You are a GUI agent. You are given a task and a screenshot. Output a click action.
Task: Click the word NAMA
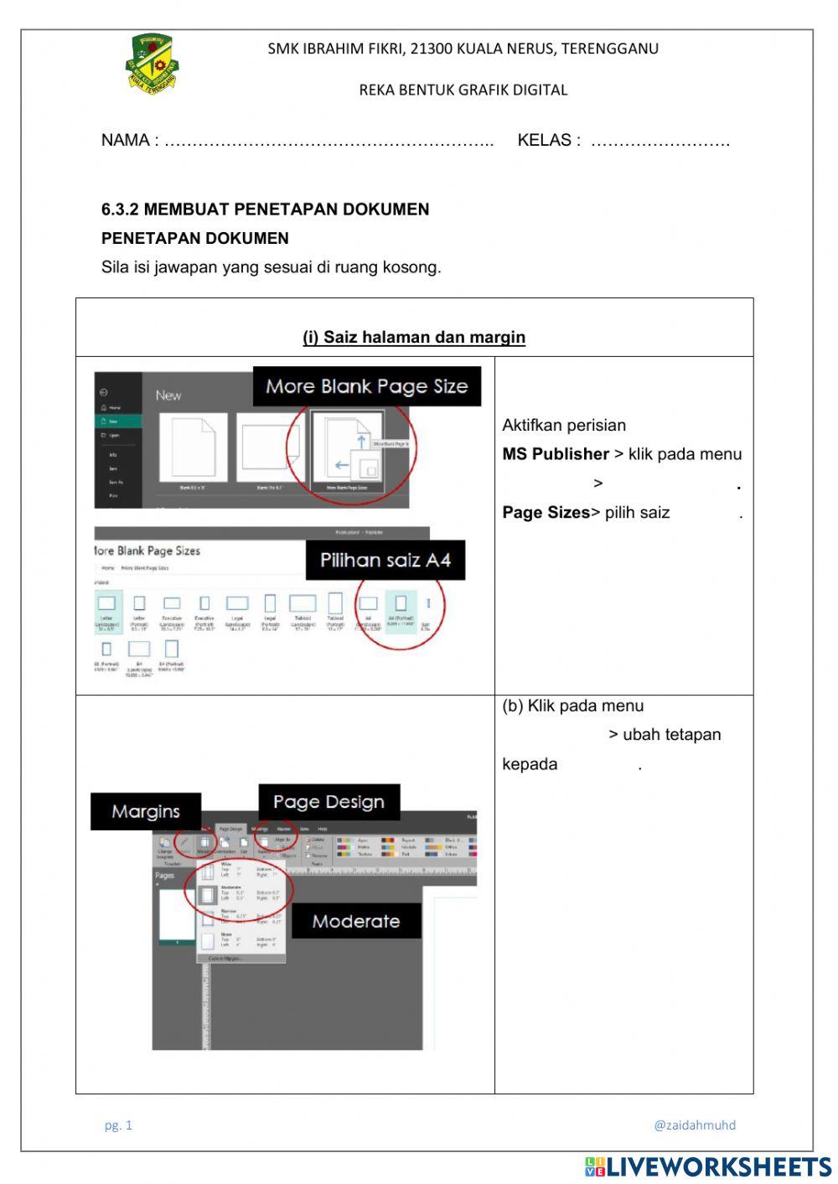click(125, 141)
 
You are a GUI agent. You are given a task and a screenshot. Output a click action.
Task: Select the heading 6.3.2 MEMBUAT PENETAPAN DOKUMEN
click(265, 209)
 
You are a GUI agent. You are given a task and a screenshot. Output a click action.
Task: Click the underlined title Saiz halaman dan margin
click(414, 338)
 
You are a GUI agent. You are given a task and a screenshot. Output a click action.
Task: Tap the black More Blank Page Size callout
click(366, 386)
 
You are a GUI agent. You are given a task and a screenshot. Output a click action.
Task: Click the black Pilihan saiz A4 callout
click(385, 560)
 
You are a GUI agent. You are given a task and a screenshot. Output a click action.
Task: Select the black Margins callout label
click(146, 811)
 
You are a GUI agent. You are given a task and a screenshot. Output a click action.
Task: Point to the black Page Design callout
click(328, 802)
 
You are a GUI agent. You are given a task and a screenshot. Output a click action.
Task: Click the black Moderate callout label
click(355, 921)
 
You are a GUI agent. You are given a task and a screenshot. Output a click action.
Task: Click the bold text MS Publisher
click(556, 454)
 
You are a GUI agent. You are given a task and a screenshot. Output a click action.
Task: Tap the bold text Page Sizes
click(546, 513)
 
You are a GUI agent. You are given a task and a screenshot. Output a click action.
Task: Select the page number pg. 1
click(118, 1125)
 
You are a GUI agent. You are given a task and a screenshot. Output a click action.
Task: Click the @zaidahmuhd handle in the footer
click(695, 1125)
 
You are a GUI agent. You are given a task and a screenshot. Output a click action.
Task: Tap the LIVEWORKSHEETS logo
click(708, 1166)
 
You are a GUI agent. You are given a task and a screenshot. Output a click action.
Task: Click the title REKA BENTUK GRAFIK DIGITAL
click(463, 90)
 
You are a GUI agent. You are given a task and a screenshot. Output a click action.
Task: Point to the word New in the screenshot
click(168, 395)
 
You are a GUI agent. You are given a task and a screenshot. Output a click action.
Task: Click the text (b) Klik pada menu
click(573, 706)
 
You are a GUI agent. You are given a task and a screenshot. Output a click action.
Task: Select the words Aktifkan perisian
click(564, 426)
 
